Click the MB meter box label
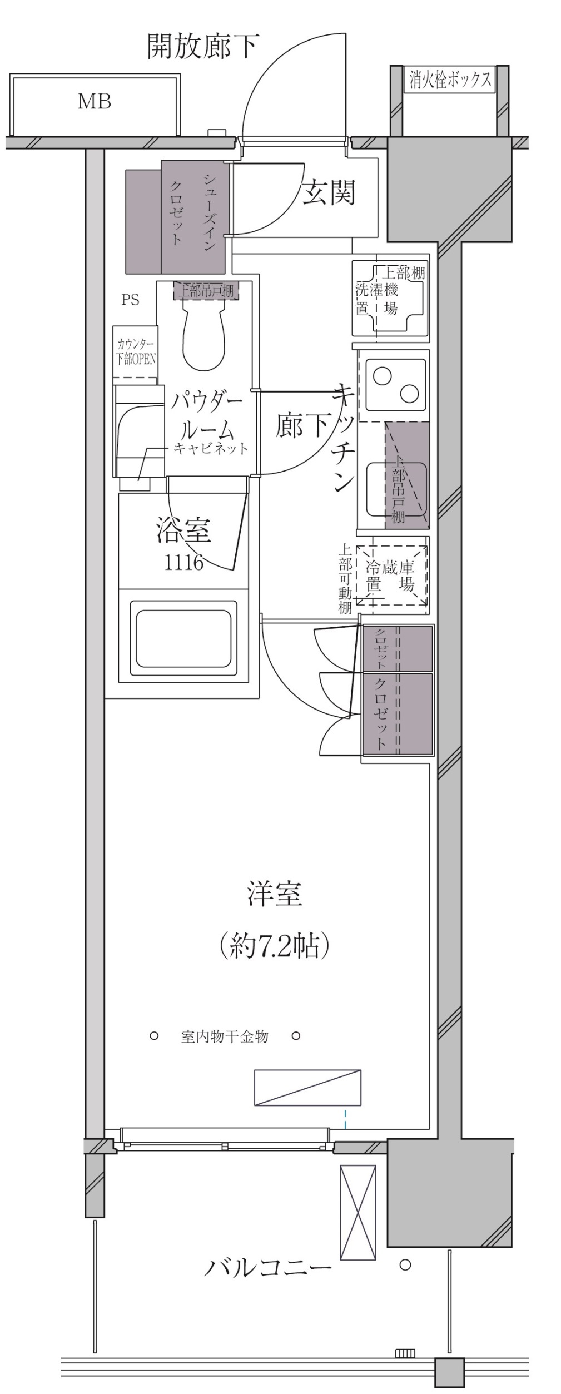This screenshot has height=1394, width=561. pos(94,102)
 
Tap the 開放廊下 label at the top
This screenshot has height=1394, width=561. pos(202,47)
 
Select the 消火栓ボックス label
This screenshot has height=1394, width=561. pos(450,80)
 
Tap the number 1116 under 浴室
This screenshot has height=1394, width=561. pos(183,563)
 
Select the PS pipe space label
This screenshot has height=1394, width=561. pos(130,300)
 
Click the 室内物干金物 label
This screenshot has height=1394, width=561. pos(224,1036)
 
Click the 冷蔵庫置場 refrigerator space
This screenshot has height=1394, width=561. pos(391,576)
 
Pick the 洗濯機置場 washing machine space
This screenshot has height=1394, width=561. pos(389,298)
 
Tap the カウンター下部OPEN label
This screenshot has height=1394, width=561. pos(136,352)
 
